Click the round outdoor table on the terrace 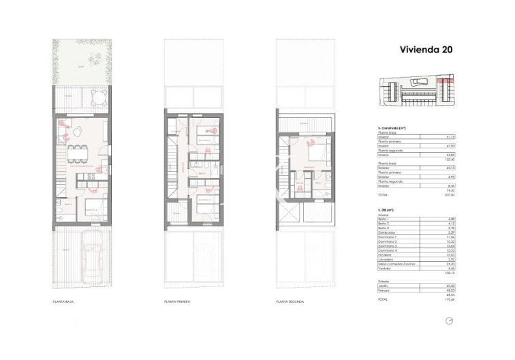click(x=99, y=95)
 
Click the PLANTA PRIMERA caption click(x=176, y=301)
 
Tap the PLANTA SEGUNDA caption click(x=290, y=301)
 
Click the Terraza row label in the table click(x=384, y=290)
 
